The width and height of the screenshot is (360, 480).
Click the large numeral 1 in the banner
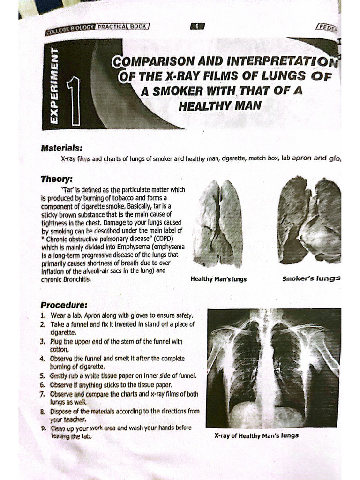pos(74,101)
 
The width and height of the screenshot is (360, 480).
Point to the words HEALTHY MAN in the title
pos(218,106)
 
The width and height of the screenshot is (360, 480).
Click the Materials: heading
pos(61,148)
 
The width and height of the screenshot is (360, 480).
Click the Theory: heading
pos(56,179)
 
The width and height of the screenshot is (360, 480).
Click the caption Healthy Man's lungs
pos(218,279)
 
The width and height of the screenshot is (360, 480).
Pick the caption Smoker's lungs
pos(311,278)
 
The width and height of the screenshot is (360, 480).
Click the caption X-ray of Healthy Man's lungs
pos(256,435)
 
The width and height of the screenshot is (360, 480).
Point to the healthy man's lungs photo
pos(218,224)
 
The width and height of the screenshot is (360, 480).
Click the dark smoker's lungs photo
pos(309,221)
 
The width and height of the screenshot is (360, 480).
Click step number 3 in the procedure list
pos(43,342)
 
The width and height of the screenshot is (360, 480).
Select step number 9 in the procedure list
pos(43,428)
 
